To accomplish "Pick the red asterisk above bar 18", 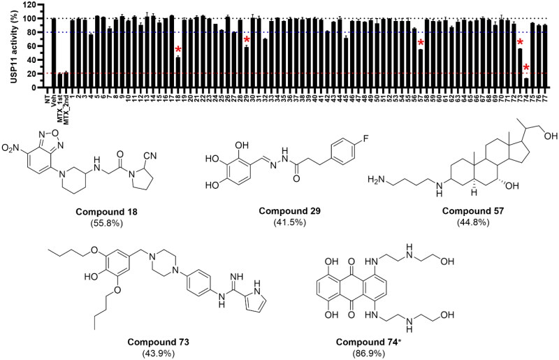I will pos(178,50).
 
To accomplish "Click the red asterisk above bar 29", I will pos(247,41).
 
